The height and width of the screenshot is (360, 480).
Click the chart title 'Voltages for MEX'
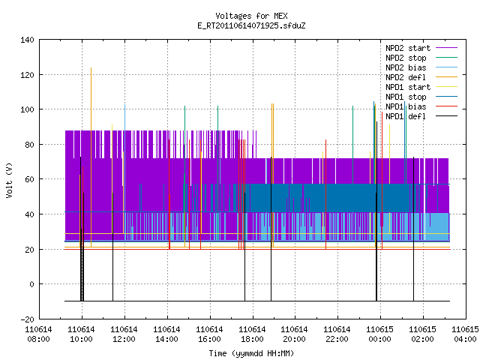[x=251, y=16]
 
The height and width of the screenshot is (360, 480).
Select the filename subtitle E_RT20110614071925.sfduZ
[x=251, y=25]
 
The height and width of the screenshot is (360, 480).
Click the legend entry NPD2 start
[x=408, y=48]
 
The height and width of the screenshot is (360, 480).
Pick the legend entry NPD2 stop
[x=406, y=58]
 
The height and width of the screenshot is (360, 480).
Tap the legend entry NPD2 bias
[x=406, y=67]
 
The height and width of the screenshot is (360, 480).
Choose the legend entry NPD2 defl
[x=406, y=77]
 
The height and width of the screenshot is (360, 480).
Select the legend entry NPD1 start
[x=408, y=87]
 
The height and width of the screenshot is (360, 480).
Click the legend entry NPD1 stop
[x=406, y=97]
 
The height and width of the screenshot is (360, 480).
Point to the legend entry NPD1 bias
[x=406, y=106]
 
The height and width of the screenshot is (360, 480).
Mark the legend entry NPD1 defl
[x=406, y=117]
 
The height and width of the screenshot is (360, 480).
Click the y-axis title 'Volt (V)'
[x=9, y=180]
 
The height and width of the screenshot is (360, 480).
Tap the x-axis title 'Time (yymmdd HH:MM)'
[x=251, y=353]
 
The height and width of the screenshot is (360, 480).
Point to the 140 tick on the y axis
[x=27, y=40]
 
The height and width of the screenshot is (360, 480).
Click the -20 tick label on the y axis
[x=27, y=319]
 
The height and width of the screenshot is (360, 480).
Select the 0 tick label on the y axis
[x=31, y=284]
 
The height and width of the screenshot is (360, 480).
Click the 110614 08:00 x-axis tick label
[x=38, y=334]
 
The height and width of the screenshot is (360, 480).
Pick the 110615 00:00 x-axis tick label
[x=380, y=334]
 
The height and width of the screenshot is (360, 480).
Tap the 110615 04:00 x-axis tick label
[x=465, y=334]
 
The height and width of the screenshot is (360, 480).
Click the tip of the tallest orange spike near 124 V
[x=91, y=68]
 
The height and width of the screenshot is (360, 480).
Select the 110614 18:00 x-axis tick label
[x=252, y=334]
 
